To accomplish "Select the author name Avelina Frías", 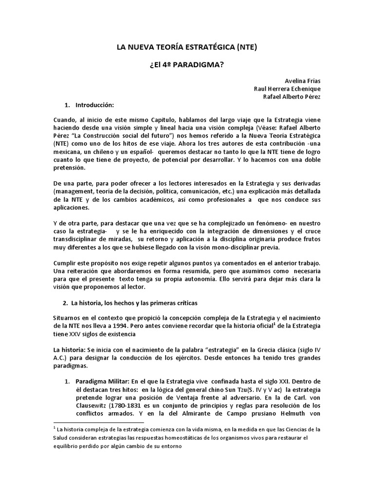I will coord(303,80).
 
